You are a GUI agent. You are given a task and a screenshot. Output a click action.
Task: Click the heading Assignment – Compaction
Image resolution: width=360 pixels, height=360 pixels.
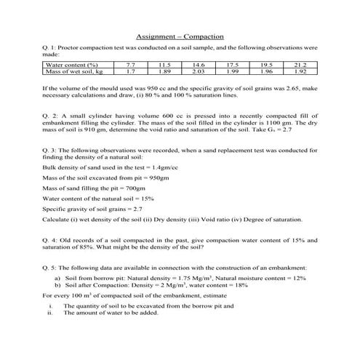[x=180, y=36]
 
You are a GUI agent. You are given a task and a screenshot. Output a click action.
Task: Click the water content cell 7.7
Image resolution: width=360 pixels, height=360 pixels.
[x=130, y=65]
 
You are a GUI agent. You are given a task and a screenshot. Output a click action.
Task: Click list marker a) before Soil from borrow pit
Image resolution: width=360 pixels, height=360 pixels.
[x=58, y=278]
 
